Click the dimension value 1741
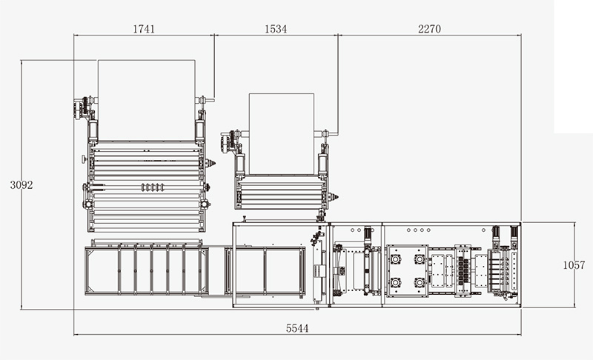(144, 29)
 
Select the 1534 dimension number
(276, 29)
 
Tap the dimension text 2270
(429, 29)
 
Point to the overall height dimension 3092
(21, 184)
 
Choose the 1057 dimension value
(574, 265)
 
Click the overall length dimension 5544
(297, 328)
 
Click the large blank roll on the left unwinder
(147, 100)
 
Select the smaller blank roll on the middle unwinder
(282, 134)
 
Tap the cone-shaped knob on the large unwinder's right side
(211, 163)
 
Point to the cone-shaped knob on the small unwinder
(333, 197)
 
